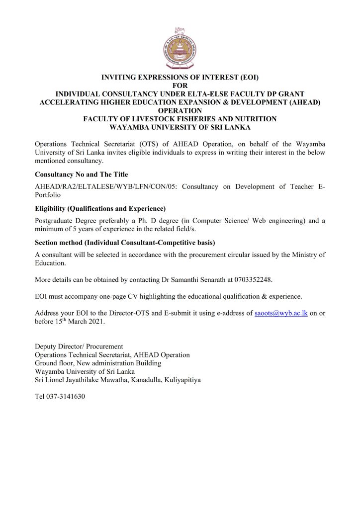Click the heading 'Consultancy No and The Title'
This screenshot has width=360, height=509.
pyautogui.click(x=81, y=174)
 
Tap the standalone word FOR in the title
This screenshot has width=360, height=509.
pyautogui.click(x=180, y=85)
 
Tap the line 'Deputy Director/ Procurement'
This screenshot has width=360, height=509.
pyautogui.click(x=79, y=346)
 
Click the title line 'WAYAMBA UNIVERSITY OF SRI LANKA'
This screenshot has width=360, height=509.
pyautogui.click(x=180, y=127)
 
